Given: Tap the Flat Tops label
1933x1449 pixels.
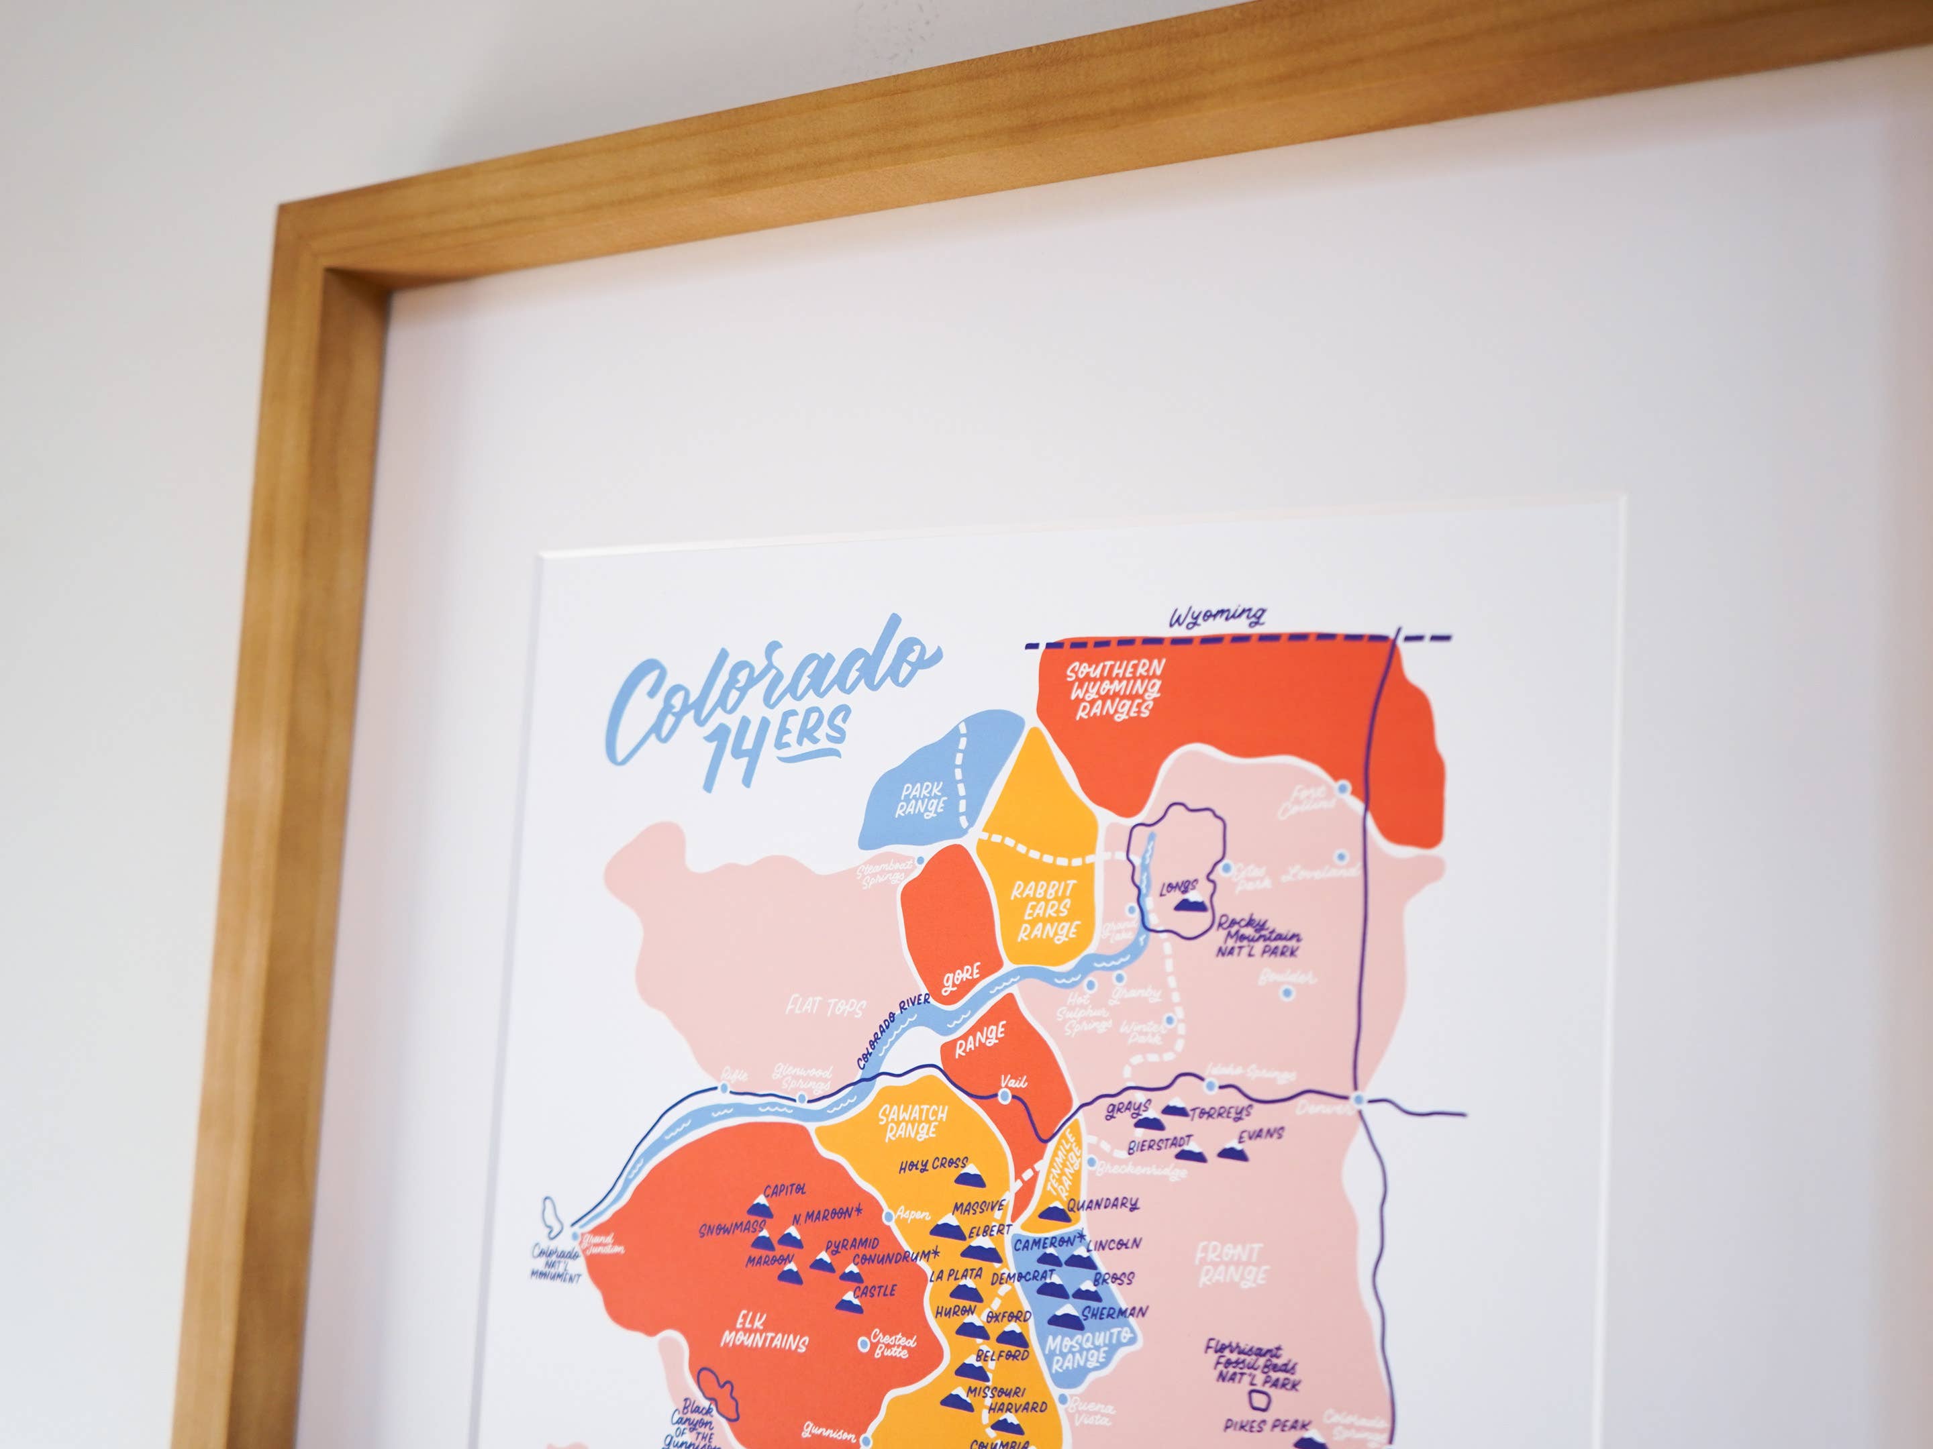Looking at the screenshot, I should tap(824, 1007).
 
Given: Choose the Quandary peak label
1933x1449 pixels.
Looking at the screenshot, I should tap(1103, 1204).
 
